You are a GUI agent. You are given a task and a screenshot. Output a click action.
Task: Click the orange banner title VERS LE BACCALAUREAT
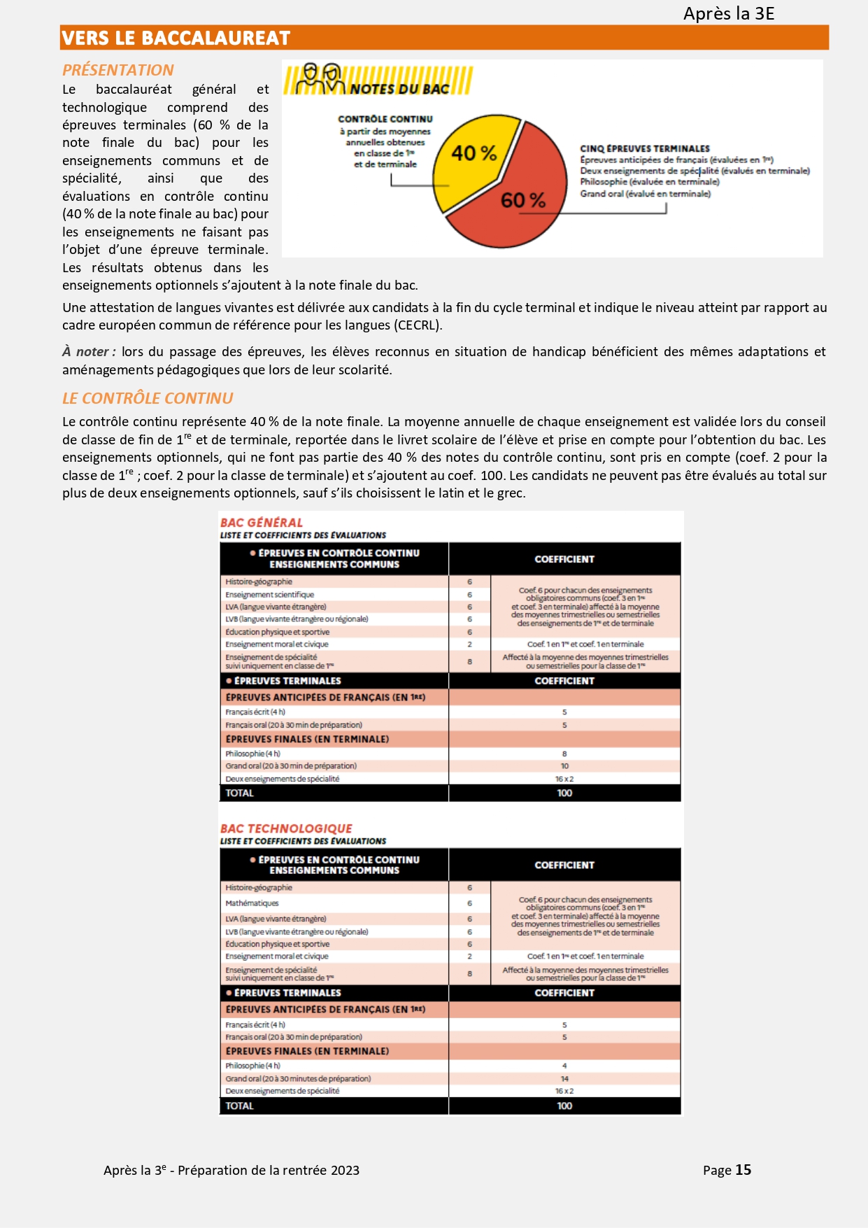(176, 38)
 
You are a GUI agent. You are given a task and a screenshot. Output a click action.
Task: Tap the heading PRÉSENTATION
(118, 70)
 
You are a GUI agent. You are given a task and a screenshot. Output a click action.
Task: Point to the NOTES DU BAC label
(399, 89)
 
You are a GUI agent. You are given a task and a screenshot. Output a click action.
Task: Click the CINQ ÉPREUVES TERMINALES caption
(644, 148)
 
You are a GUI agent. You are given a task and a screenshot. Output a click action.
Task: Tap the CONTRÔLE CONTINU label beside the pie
(385, 119)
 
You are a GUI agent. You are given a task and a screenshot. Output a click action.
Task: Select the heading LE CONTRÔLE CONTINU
(148, 398)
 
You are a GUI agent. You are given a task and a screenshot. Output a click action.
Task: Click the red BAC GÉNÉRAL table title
(261, 523)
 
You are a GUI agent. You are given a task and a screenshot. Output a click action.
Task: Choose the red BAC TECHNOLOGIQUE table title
(286, 828)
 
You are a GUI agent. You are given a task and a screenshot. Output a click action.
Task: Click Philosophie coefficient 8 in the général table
(564, 754)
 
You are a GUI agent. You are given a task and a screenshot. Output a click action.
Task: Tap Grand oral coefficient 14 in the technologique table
(564, 1079)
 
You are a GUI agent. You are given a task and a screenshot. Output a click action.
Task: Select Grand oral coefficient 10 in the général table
(564, 766)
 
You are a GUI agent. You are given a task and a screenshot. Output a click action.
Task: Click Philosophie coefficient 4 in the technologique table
(564, 1066)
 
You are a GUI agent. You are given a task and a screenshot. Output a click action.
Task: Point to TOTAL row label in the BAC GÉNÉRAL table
(239, 793)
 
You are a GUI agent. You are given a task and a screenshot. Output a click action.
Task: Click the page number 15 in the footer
(743, 1170)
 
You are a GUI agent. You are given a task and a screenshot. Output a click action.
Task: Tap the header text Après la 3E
(728, 13)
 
